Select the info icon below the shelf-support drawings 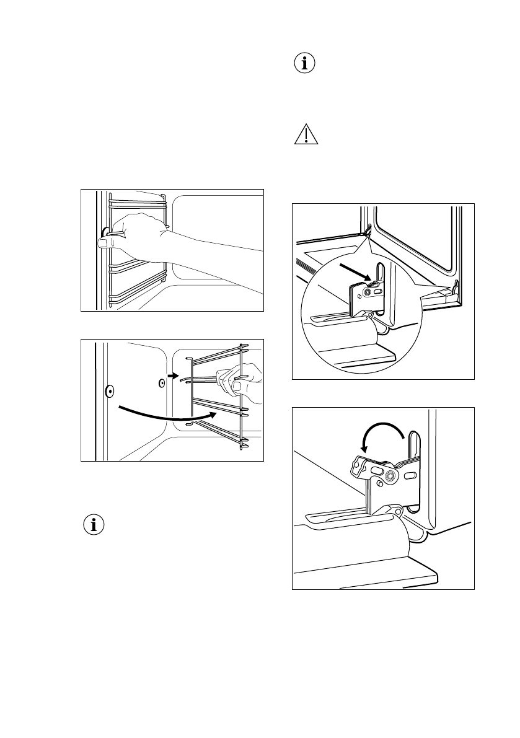coord(94,525)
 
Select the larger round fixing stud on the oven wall coord(108,391)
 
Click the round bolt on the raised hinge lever coord(390,475)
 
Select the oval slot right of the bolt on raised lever coord(410,475)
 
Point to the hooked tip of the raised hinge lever coord(358,462)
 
